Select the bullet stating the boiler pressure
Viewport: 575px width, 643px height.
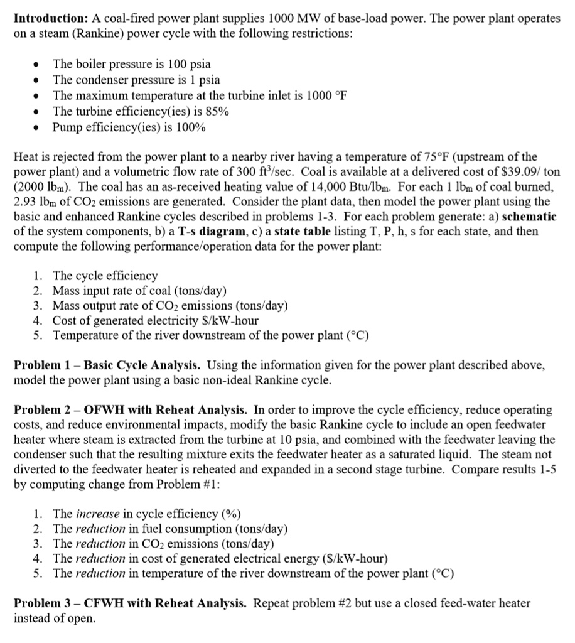point(131,64)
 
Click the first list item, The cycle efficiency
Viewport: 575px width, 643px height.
point(105,276)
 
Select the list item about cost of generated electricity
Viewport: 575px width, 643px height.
point(155,320)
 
